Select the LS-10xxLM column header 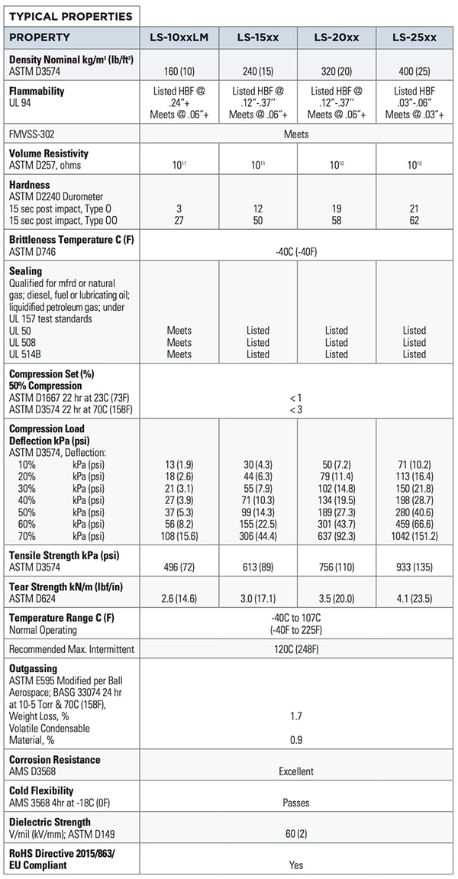[179, 37]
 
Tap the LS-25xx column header [414, 37]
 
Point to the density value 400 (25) [414, 71]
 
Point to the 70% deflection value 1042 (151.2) [414, 536]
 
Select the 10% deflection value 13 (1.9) [179, 464]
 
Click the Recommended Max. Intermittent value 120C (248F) [296, 649]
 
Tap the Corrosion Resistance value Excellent [296, 771]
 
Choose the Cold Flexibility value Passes [296, 803]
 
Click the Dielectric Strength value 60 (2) [296, 833]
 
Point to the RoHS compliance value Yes [296, 864]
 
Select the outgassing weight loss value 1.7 [296, 716]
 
